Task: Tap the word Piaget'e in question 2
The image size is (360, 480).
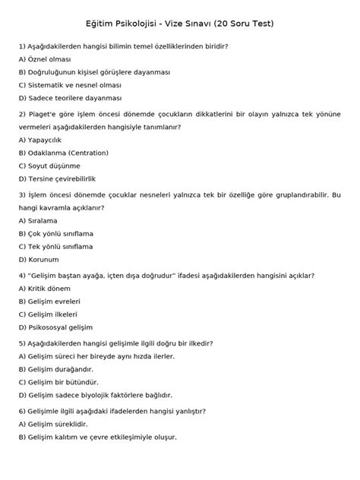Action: point(44,114)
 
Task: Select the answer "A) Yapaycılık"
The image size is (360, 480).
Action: point(42,140)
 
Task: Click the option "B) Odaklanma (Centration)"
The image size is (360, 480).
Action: point(63,153)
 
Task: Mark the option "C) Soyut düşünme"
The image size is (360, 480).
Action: point(50,166)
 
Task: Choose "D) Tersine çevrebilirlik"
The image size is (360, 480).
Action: point(58,179)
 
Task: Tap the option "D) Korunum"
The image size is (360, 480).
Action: point(38,260)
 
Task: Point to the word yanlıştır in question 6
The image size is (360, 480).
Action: point(186,411)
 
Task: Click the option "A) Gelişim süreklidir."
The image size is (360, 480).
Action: point(53,424)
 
